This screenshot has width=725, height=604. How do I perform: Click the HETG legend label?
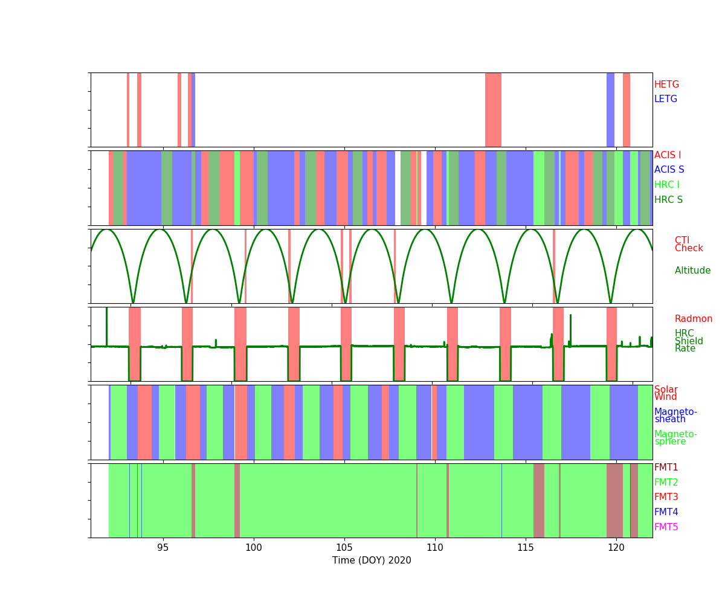click(x=666, y=85)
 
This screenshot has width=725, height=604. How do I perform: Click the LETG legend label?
click(x=665, y=99)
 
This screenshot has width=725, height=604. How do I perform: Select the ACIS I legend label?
click(x=667, y=155)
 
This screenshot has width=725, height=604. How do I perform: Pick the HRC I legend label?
click(x=666, y=185)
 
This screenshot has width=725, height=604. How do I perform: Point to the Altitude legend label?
click(x=692, y=271)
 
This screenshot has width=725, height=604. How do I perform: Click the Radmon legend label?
click(x=693, y=319)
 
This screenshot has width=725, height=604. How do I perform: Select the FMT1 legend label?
click(x=666, y=467)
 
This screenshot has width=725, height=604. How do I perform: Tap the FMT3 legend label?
click(x=666, y=497)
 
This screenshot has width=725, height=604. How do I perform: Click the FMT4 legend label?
click(x=666, y=512)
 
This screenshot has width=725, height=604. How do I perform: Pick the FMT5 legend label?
click(x=666, y=527)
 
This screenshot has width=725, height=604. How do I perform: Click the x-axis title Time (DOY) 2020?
click(x=372, y=561)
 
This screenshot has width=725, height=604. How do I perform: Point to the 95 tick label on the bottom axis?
click(x=163, y=547)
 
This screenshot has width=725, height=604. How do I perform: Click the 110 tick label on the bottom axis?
click(x=435, y=547)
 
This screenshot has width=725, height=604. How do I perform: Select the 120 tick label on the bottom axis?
click(x=616, y=547)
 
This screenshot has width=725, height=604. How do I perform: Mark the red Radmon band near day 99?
click(x=240, y=344)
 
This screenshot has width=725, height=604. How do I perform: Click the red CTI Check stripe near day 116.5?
click(x=554, y=266)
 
